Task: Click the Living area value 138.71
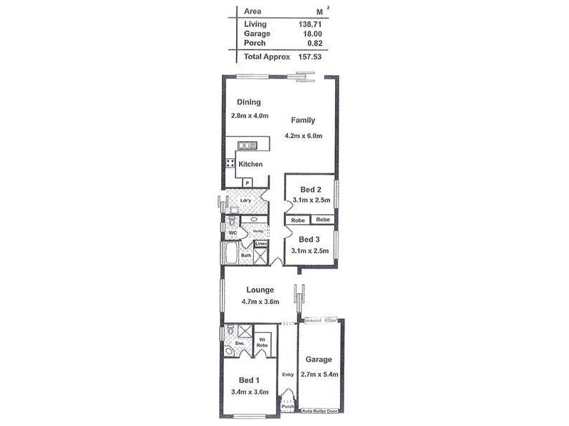pos(311,24)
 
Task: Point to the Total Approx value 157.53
pos(310,56)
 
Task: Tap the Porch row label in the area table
pos(254,43)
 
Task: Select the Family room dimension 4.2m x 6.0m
pos(303,136)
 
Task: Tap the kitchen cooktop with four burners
pos(230,163)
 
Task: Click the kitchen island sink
pos(247,146)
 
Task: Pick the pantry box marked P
pos(247,182)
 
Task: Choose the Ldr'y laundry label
pos(246,201)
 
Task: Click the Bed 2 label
pos(312,190)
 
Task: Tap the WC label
pos(233,233)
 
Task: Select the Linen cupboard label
pos(261,245)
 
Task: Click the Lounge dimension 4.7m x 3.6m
pos(260,302)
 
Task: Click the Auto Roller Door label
pos(320,411)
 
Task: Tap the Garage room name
pos(319,360)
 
